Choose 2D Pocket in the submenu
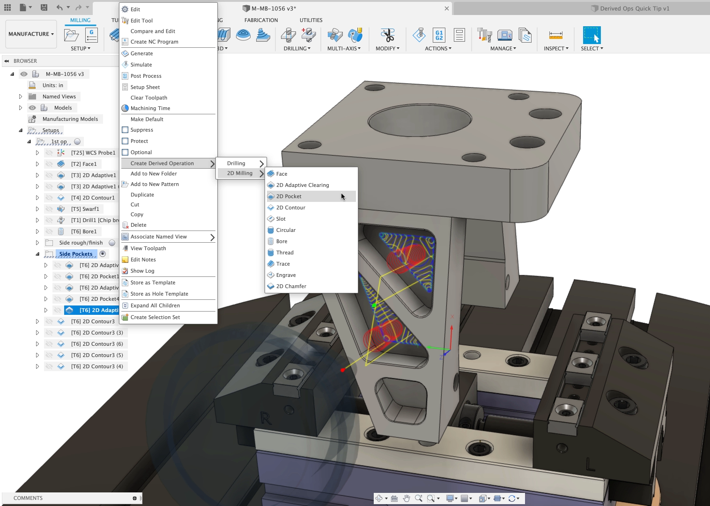point(288,196)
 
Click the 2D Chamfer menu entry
point(291,286)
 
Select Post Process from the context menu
point(146,76)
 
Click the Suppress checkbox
point(125,130)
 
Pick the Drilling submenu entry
point(237,164)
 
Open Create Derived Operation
point(162,164)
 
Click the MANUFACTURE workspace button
point(31,34)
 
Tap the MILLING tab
point(80,20)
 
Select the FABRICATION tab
point(261,20)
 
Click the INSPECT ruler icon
point(555,36)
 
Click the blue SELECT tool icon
point(592,36)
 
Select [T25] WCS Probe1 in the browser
point(93,153)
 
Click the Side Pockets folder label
point(76,254)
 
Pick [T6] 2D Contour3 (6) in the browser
point(96,344)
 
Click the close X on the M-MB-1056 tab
point(446,8)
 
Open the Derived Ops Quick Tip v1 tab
point(634,8)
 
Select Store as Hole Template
point(159,294)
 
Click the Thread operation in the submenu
point(285,253)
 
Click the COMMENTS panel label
point(28,498)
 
